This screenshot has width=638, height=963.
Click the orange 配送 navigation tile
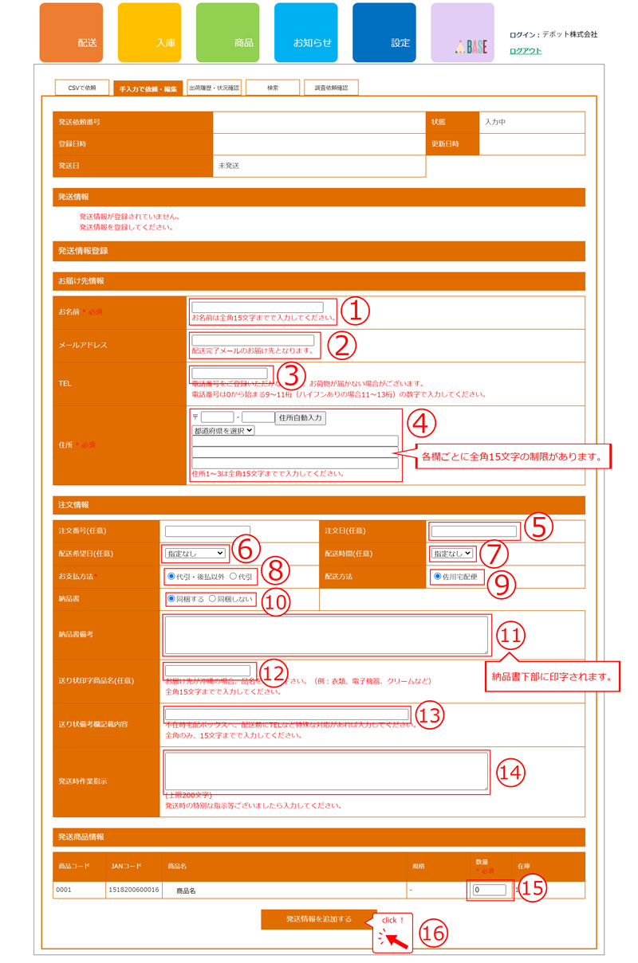pos(71,33)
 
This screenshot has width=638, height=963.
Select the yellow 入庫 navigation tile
pos(149,33)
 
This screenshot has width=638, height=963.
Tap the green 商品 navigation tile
pos(227,33)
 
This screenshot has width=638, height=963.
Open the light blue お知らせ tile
pos(305,33)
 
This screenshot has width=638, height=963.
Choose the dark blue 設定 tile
pos(384,33)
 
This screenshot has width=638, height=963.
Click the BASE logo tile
pos(462,33)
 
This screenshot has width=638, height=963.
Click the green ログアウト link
pos(525,50)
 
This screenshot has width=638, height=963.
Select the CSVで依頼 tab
pos(82,88)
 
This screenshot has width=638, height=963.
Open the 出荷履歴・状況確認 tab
pos(214,88)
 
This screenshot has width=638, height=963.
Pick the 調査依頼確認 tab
pos(331,88)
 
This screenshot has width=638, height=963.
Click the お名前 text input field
pos(257,307)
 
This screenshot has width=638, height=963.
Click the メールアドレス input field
pos(253,340)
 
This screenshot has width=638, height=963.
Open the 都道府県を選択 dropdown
pos(223,430)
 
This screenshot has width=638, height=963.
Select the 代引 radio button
pos(233,575)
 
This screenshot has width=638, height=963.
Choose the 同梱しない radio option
pos(212,599)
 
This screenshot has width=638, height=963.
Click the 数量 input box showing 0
pos(489,890)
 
